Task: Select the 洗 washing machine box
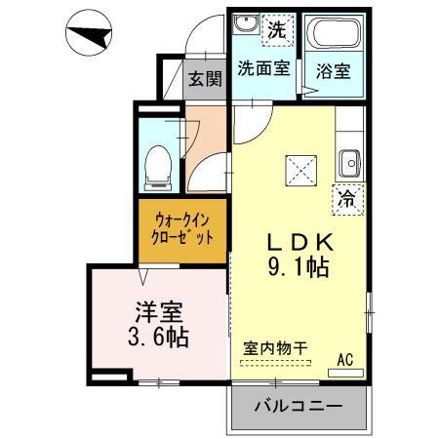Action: tap(277, 29)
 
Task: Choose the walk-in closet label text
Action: tap(182, 228)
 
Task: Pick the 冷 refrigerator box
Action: tap(347, 196)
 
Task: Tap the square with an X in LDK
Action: tap(299, 172)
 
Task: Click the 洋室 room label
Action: tap(158, 313)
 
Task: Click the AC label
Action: tap(344, 359)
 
